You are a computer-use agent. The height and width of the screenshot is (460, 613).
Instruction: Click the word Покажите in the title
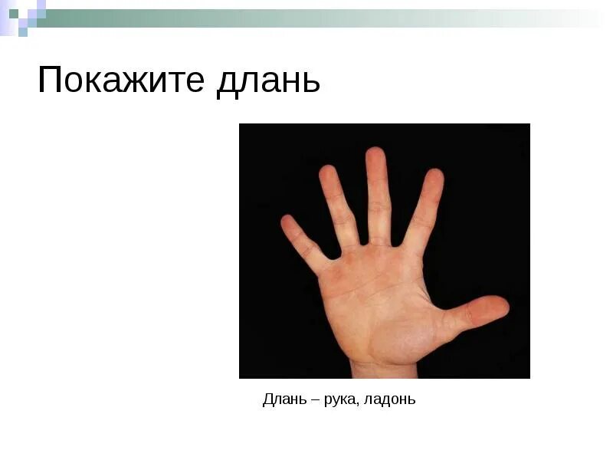120,81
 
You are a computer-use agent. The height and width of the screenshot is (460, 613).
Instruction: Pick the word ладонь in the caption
390,399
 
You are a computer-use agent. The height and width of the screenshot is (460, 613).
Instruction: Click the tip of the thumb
501,306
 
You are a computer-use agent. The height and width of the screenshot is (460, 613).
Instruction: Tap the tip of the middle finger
375,153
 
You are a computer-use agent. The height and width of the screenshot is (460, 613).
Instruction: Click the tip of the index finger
434,176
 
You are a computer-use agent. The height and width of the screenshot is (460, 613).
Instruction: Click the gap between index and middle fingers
398,238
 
